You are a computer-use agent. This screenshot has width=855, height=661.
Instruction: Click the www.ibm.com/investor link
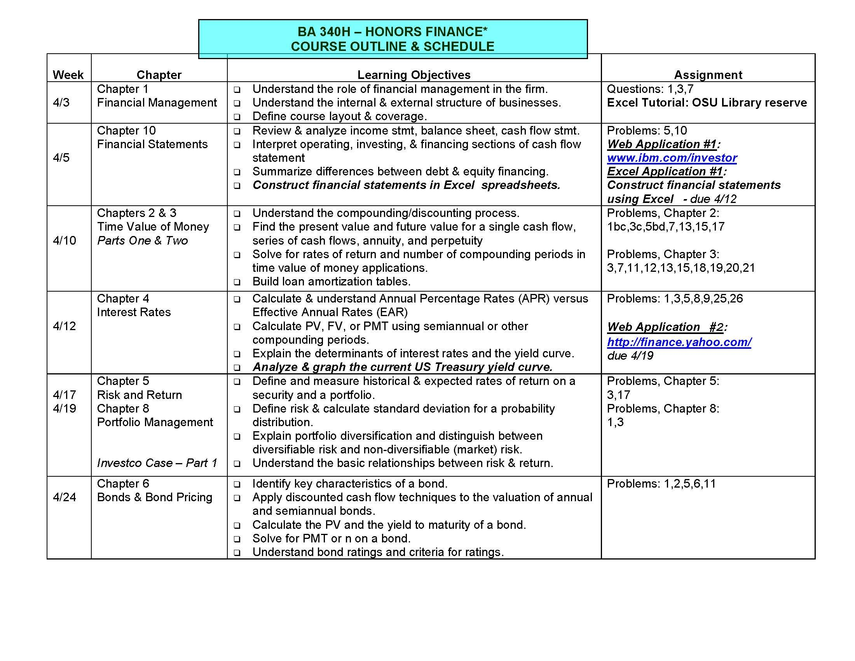click(x=672, y=158)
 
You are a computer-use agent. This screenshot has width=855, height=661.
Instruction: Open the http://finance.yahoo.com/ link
click(x=679, y=342)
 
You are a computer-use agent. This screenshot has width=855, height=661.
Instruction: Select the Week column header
click(x=68, y=75)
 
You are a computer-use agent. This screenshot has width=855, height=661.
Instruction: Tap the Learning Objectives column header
click(x=414, y=75)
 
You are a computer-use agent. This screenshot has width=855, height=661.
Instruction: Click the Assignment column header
click(x=708, y=75)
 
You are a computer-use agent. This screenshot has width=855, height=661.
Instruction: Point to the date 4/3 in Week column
click(x=61, y=103)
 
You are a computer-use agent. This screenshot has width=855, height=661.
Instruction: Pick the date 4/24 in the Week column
click(x=64, y=497)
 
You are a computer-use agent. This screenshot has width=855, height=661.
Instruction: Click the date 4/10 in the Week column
click(x=64, y=240)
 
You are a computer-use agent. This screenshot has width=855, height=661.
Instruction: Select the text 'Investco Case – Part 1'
click(x=157, y=463)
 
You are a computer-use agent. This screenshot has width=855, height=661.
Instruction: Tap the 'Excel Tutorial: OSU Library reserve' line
click(x=707, y=103)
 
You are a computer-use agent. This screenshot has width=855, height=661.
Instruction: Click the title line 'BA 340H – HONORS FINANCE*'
click(x=392, y=32)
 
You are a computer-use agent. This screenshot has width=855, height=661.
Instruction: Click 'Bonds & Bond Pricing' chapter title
click(x=155, y=497)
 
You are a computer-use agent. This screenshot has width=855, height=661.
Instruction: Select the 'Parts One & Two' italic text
click(x=143, y=240)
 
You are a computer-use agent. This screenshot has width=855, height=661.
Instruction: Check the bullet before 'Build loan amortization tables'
click(x=237, y=282)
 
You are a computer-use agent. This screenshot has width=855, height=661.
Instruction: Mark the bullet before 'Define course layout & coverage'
click(x=237, y=117)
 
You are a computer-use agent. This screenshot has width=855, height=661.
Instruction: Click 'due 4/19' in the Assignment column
click(x=630, y=355)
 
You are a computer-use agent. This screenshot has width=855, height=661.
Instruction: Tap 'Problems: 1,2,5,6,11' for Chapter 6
click(x=661, y=484)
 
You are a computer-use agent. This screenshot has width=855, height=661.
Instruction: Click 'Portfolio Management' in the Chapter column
click(x=155, y=422)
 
